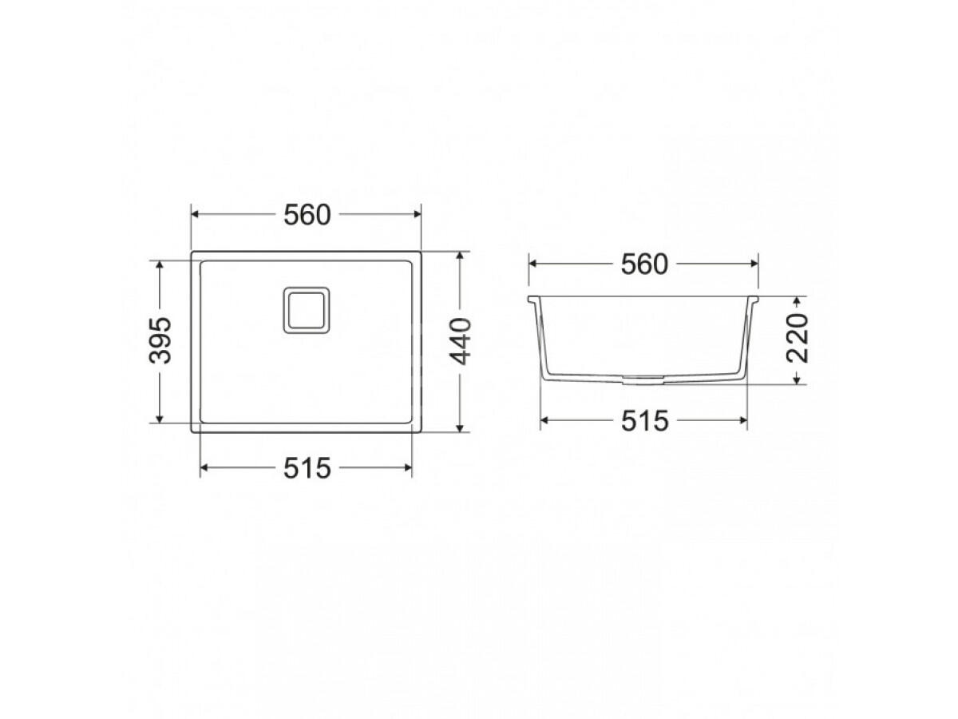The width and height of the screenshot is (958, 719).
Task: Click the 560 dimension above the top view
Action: coord(306,215)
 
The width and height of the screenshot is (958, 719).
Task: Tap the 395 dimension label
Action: coord(161,340)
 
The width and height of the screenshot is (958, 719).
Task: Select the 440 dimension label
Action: coord(461,340)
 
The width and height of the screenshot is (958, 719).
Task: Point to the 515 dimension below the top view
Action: coord(306,468)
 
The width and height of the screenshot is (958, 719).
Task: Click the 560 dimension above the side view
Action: coord(643,264)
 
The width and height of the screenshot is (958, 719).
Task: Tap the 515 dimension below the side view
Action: coord(643,421)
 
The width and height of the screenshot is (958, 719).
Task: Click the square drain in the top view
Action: coord(304,310)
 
